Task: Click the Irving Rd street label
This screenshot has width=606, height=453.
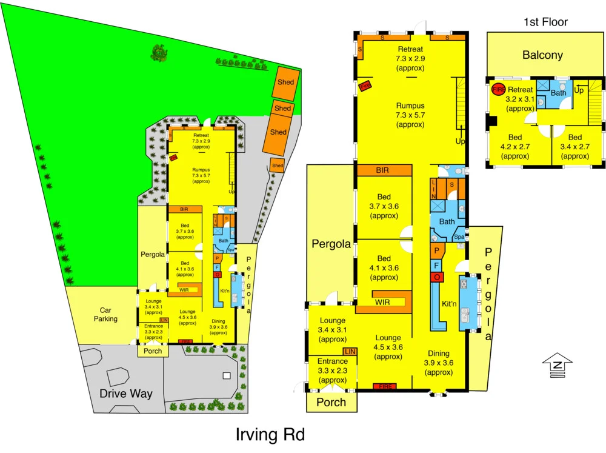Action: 270,435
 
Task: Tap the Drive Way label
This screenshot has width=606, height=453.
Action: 126,394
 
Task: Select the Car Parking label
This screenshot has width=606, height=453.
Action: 101,314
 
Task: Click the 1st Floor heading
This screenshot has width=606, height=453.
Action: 545,22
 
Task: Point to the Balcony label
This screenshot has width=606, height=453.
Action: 543,55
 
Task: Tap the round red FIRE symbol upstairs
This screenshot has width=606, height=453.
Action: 498,89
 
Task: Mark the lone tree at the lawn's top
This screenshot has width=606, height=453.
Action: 159,53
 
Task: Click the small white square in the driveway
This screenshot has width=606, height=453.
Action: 227,376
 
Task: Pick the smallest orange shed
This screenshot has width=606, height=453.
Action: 278,166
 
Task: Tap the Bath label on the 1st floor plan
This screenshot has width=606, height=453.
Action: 559,93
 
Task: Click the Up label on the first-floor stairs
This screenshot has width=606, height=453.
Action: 579,90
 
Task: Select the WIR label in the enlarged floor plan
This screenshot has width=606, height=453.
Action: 382,301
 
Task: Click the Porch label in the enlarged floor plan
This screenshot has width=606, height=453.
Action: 331,402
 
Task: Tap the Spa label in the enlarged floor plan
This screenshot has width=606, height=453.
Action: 459,237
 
